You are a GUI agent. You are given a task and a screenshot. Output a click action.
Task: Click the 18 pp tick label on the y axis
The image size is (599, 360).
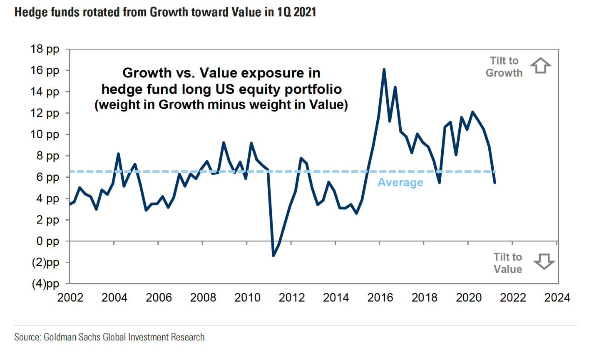(x=45, y=49)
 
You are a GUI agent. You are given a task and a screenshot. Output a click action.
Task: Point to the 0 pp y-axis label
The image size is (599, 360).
(x=47, y=241)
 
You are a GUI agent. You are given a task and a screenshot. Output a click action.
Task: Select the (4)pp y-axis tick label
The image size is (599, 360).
(x=45, y=284)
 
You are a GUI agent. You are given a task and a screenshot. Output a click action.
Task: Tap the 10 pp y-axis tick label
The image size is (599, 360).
(x=45, y=134)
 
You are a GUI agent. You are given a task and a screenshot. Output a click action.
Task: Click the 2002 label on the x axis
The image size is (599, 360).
(x=70, y=298)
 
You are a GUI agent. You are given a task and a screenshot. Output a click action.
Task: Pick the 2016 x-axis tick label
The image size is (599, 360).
(x=380, y=298)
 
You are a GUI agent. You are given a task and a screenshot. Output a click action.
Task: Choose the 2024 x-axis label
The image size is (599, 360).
(x=557, y=298)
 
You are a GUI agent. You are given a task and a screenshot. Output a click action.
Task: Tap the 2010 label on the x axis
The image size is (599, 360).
(x=247, y=298)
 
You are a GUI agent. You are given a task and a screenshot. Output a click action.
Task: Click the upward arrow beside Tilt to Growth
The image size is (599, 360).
(x=540, y=66)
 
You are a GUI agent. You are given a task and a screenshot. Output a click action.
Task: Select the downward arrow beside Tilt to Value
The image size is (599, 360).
(x=544, y=262)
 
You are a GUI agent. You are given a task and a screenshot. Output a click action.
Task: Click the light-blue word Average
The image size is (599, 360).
(x=400, y=182)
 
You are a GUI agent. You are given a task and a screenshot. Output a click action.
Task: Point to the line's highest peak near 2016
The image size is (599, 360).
(x=384, y=70)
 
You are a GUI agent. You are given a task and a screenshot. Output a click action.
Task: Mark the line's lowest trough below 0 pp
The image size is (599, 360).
(x=273, y=256)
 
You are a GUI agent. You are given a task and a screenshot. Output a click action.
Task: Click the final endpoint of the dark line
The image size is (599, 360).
(x=495, y=182)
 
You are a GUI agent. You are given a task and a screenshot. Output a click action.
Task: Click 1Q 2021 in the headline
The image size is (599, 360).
(x=296, y=12)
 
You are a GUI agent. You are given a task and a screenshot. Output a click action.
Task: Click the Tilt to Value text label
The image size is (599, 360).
(x=508, y=263)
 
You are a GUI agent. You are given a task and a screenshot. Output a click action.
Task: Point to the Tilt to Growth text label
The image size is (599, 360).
(x=504, y=67)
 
